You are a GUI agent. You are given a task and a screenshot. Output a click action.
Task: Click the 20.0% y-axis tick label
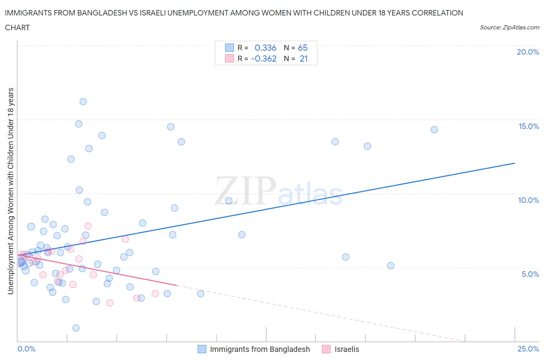click(528, 52)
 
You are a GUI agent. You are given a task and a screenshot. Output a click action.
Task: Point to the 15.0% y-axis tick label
click(529, 126)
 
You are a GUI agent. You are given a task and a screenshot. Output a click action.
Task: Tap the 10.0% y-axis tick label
click(529, 200)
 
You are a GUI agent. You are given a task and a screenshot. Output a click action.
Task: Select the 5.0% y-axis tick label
click(530, 274)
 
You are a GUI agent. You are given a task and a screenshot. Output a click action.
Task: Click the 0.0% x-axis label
click(26, 349)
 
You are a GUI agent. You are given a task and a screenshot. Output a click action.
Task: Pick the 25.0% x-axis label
click(528, 349)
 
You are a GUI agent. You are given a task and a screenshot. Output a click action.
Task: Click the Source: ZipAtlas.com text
click(509, 27)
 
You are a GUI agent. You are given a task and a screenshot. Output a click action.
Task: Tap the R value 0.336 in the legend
click(265, 48)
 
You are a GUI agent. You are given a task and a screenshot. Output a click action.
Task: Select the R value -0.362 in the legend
click(264, 58)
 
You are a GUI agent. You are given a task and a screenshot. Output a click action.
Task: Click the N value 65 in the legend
click(303, 48)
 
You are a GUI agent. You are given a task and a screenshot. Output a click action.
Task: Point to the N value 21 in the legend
click(304, 58)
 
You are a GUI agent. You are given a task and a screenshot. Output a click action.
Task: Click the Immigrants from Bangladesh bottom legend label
click(260, 349)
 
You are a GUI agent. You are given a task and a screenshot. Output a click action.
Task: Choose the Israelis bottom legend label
click(347, 349)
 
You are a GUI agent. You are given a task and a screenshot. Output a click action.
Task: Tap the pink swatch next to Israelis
click(326, 349)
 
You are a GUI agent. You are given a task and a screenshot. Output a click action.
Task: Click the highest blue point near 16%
click(83, 102)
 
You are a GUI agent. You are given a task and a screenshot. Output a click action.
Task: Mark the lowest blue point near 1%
click(76, 328)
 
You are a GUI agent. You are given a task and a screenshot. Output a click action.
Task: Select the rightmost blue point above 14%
click(434, 130)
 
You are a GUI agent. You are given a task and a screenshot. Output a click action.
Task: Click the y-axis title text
click(10, 191)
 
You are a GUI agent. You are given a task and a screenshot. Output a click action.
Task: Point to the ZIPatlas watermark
click(279, 191)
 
